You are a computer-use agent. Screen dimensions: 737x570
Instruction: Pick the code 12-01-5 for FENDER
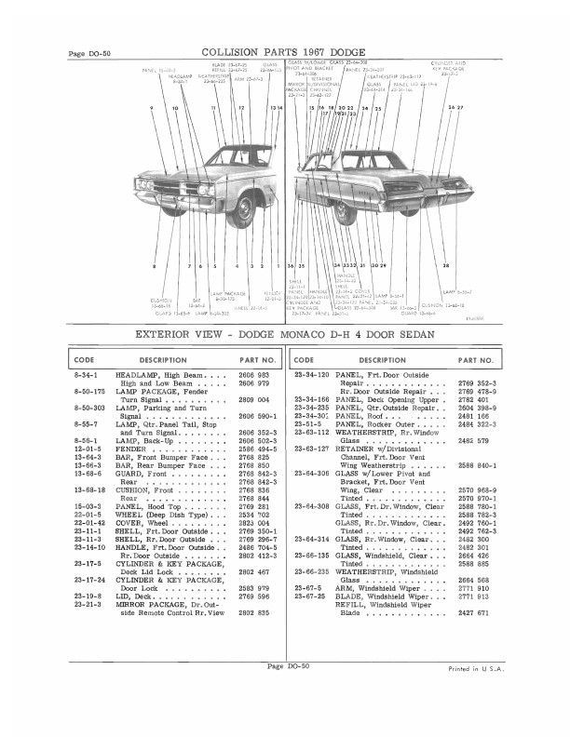tap(89, 451)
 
